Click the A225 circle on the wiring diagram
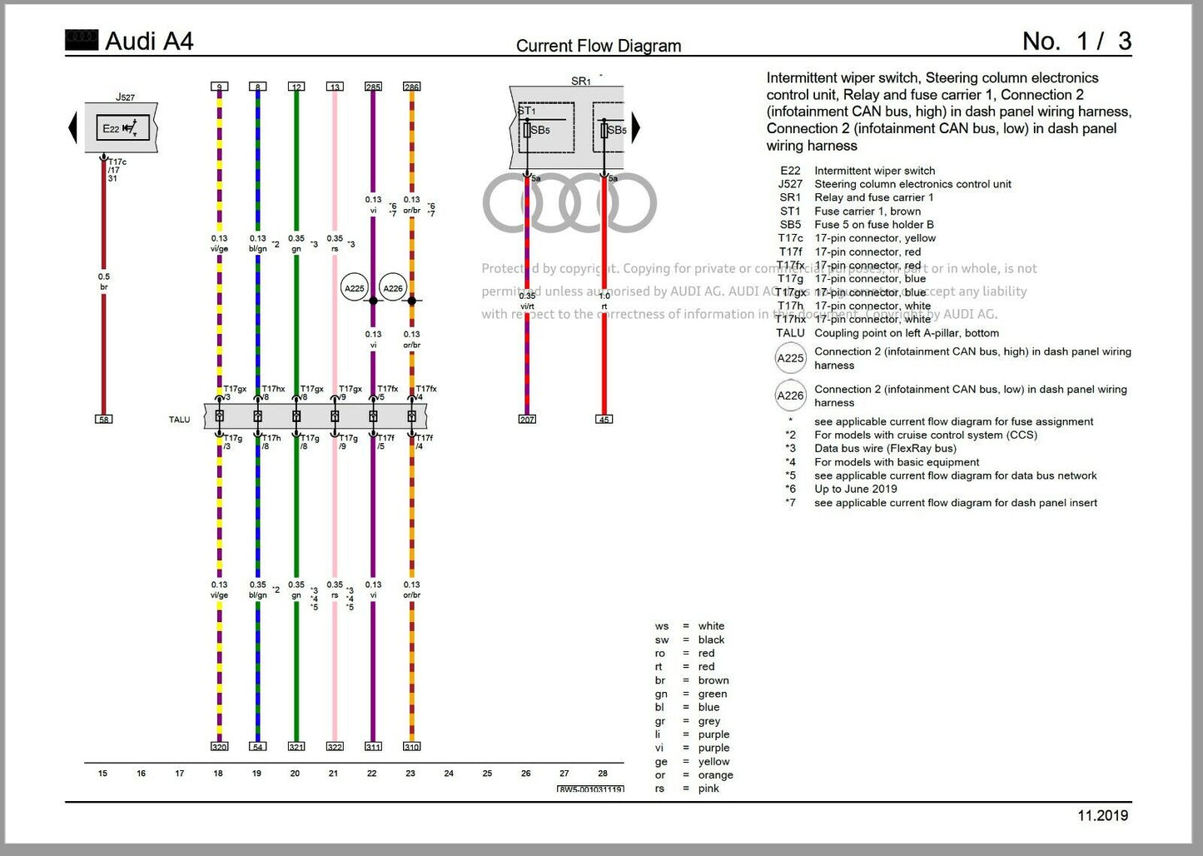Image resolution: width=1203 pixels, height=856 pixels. point(355,288)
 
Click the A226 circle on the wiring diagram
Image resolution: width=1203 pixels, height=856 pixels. point(393,288)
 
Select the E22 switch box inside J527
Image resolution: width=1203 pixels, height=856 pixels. point(122,128)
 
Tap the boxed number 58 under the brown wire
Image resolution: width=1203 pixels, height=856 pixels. point(104,419)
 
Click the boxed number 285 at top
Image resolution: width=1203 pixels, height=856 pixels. point(373,87)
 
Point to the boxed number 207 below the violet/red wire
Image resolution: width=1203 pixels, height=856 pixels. point(527,419)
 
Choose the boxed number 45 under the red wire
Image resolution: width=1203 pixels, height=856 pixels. point(604,419)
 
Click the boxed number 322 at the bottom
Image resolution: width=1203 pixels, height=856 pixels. point(335,747)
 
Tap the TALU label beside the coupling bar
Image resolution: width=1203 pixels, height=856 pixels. point(179,420)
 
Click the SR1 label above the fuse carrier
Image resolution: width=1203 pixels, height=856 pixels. point(581,81)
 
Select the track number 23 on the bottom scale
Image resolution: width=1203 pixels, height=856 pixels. point(410,774)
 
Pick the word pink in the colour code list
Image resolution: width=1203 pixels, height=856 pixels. point(708,789)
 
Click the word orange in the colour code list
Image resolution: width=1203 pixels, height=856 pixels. point(715,774)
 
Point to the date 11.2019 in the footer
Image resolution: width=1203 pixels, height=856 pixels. point(1102,816)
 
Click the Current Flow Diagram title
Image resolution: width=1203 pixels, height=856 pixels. point(599,46)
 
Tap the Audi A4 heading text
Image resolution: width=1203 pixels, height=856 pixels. point(149,41)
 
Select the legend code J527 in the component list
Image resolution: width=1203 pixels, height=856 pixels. point(790,184)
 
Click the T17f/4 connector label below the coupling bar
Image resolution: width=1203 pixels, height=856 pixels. point(425,442)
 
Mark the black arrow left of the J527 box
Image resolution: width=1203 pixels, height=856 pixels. point(72,128)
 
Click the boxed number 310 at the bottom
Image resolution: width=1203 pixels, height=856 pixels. point(411,747)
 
